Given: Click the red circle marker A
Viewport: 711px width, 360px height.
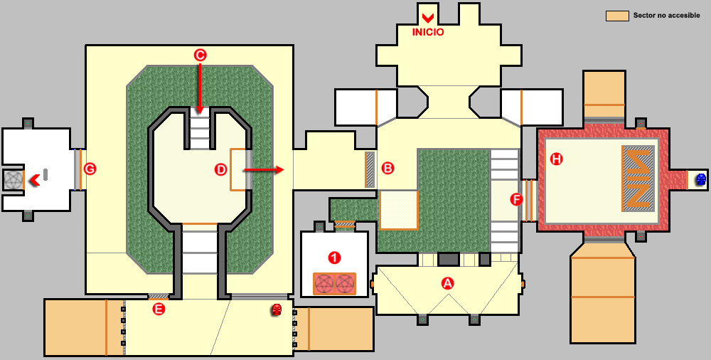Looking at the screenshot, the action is pos(447,282).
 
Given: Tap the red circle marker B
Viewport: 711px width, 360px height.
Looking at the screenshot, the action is pos(387,168).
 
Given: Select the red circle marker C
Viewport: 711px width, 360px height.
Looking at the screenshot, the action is pos(200,55).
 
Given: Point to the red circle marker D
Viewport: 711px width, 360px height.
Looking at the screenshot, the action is pos(220,169).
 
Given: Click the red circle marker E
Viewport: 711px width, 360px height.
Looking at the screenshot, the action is pos(159,309).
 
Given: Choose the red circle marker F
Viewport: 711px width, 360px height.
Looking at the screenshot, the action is pos(517,200).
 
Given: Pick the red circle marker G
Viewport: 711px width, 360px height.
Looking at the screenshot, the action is pos(90,169).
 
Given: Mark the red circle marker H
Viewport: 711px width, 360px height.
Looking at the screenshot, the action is pos(556,159).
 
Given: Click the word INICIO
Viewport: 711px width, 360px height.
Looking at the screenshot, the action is pos(428,31).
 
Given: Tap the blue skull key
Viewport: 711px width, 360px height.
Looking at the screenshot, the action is pos(700,180).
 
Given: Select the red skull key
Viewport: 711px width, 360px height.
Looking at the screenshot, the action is pos(277,309).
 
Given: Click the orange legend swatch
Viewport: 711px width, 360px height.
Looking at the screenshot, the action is pos(616,16).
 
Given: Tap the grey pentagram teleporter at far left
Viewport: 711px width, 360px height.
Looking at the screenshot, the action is pos(14,180).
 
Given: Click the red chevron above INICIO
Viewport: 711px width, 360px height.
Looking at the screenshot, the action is pos(428,17).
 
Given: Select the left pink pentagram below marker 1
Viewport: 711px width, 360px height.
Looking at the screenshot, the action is pos(324,284).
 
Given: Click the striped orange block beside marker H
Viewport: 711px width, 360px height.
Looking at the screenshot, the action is pos(638,178).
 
